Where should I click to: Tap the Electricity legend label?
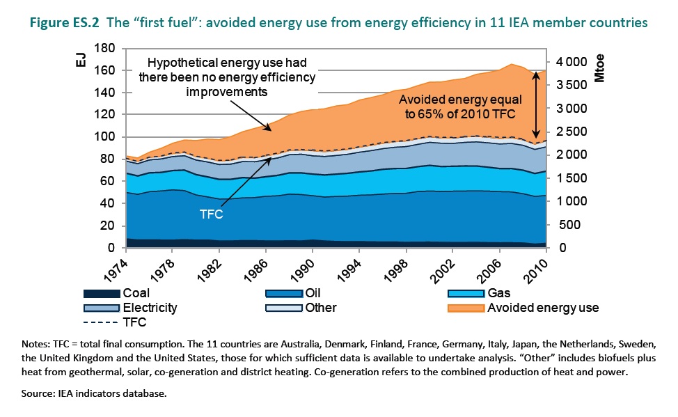[x=150, y=307]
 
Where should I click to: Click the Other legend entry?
[x=320, y=307]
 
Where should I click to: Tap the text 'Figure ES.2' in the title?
[x=65, y=23]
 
